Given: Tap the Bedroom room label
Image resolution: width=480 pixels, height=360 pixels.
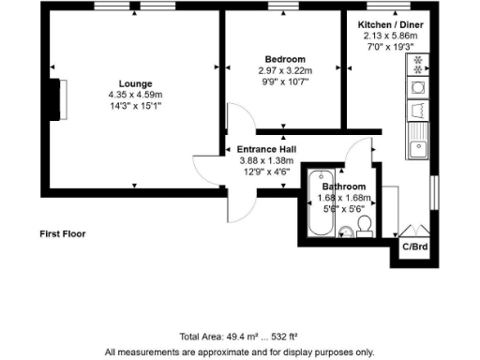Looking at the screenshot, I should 283,59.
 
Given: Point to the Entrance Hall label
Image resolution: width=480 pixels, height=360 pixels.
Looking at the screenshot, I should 266,149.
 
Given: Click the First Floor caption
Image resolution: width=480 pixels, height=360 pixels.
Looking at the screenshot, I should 63,232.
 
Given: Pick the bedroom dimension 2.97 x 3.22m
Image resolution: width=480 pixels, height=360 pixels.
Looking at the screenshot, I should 284,70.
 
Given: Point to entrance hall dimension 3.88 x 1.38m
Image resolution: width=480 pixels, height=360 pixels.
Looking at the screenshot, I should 266,160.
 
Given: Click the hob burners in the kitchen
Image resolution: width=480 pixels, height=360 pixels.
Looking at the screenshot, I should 417,64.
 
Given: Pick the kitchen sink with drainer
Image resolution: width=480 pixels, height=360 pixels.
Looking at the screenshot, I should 418,141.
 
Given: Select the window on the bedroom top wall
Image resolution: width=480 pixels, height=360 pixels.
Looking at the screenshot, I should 279,8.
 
